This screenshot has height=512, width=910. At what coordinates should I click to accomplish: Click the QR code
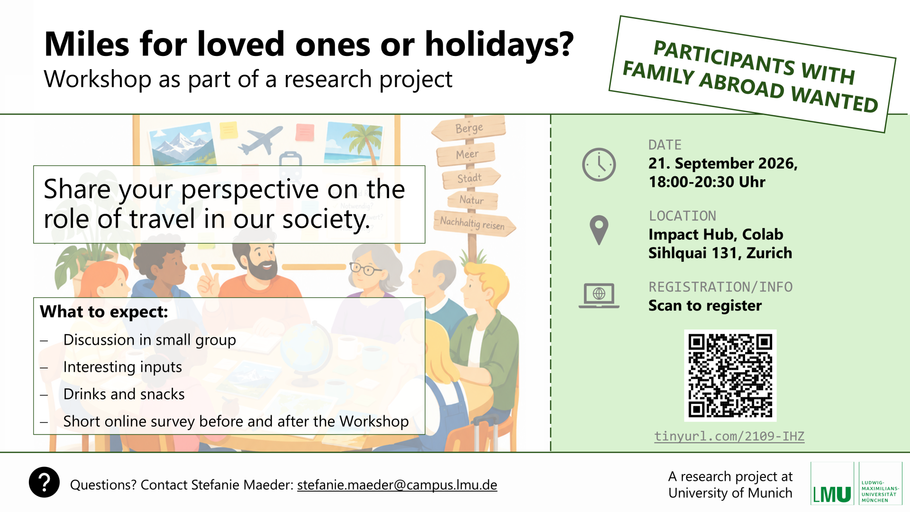(x=730, y=375)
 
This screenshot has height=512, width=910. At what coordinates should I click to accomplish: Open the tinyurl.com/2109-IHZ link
(x=729, y=436)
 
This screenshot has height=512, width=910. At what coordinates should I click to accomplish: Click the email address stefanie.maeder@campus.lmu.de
(x=397, y=485)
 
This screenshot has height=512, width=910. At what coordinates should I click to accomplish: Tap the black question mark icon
(x=44, y=483)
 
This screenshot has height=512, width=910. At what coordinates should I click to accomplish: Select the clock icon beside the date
(x=599, y=165)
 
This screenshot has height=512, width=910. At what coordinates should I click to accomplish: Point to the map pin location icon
(x=599, y=230)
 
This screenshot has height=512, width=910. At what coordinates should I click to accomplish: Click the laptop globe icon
(x=599, y=295)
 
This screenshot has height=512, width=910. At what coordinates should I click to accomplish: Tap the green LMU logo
(x=832, y=484)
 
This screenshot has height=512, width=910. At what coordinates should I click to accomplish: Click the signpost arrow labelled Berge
(x=469, y=128)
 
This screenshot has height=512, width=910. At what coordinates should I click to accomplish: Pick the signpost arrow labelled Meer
(x=466, y=154)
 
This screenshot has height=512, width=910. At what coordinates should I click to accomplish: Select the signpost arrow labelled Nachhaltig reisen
(x=474, y=223)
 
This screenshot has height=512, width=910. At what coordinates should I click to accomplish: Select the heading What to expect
(x=104, y=312)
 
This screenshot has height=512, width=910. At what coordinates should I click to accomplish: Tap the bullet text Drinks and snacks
(x=124, y=394)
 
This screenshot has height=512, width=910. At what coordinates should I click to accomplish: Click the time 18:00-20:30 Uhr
(x=707, y=182)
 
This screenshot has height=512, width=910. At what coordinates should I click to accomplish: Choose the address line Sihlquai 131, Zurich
(x=720, y=253)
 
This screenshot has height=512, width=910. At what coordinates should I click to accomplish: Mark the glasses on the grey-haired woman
(x=365, y=269)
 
